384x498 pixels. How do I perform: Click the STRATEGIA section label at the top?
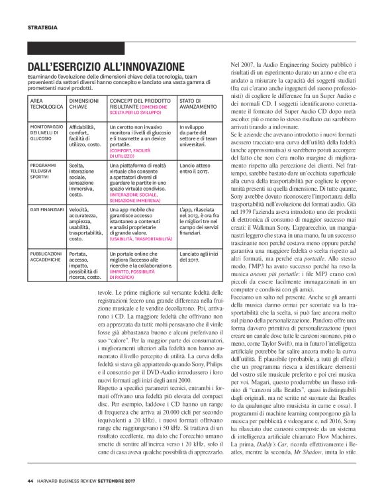pos(42,27)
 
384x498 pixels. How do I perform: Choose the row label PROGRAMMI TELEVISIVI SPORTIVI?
pos(44,170)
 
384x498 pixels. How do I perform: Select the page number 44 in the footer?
pos(30,480)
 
